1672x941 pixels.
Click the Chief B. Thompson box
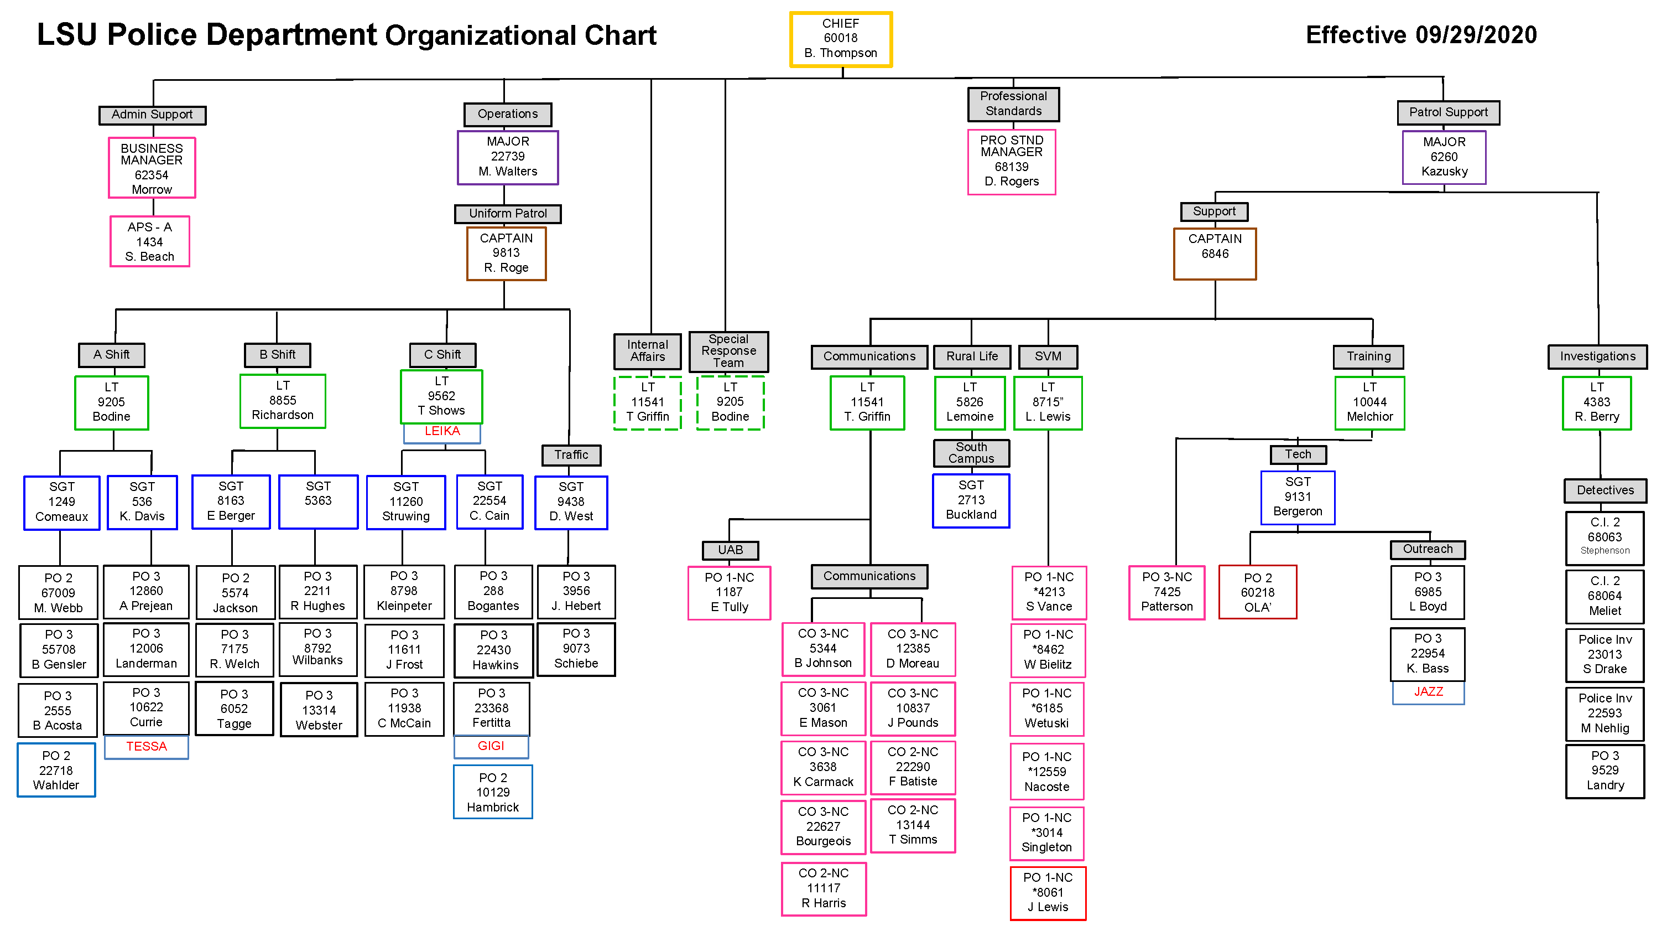pyautogui.click(x=841, y=39)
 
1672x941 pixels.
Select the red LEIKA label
pyautogui.click(x=442, y=432)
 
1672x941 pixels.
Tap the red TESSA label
pyautogui.click(x=146, y=747)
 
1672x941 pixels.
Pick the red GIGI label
pyautogui.click(x=491, y=746)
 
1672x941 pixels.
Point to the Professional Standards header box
pyautogui.click(x=1013, y=104)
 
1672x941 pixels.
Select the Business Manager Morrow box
pyautogui.click(x=152, y=168)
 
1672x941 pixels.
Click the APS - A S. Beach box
pyautogui.click(x=150, y=241)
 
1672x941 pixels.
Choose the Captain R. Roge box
pyautogui.click(x=506, y=254)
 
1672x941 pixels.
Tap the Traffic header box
pyautogui.click(x=571, y=455)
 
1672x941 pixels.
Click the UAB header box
pyautogui.click(x=730, y=550)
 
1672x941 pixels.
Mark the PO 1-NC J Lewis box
pyautogui.click(x=1048, y=893)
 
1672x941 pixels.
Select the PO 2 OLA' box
pyautogui.click(x=1257, y=592)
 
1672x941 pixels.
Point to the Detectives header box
pyautogui.click(x=1605, y=490)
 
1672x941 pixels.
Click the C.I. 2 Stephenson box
pyautogui.click(x=1605, y=537)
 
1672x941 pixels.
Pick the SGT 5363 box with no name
pyautogui.click(x=318, y=501)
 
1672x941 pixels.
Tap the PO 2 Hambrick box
pyautogui.click(x=493, y=792)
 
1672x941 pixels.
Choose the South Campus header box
pyautogui.click(x=971, y=453)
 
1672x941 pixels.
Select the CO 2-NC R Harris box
pyautogui.click(x=824, y=888)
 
